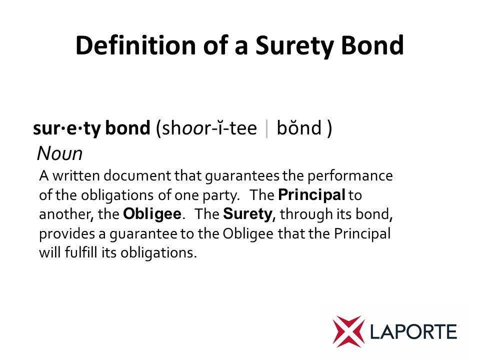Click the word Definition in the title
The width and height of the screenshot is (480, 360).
135,45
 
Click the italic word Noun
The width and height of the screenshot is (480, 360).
59,153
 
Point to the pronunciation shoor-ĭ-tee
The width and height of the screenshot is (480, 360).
209,128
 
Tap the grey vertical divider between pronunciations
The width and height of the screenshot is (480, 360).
267,129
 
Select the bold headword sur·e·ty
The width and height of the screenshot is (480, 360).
66,129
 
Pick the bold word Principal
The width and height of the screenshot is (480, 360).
311,195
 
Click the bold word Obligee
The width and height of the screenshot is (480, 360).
152,214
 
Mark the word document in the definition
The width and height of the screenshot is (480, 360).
137,175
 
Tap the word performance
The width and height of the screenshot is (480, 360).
350,176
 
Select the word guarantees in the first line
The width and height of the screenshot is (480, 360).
242,176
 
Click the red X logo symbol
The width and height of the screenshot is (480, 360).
348,331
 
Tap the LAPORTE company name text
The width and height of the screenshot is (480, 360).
413,332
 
